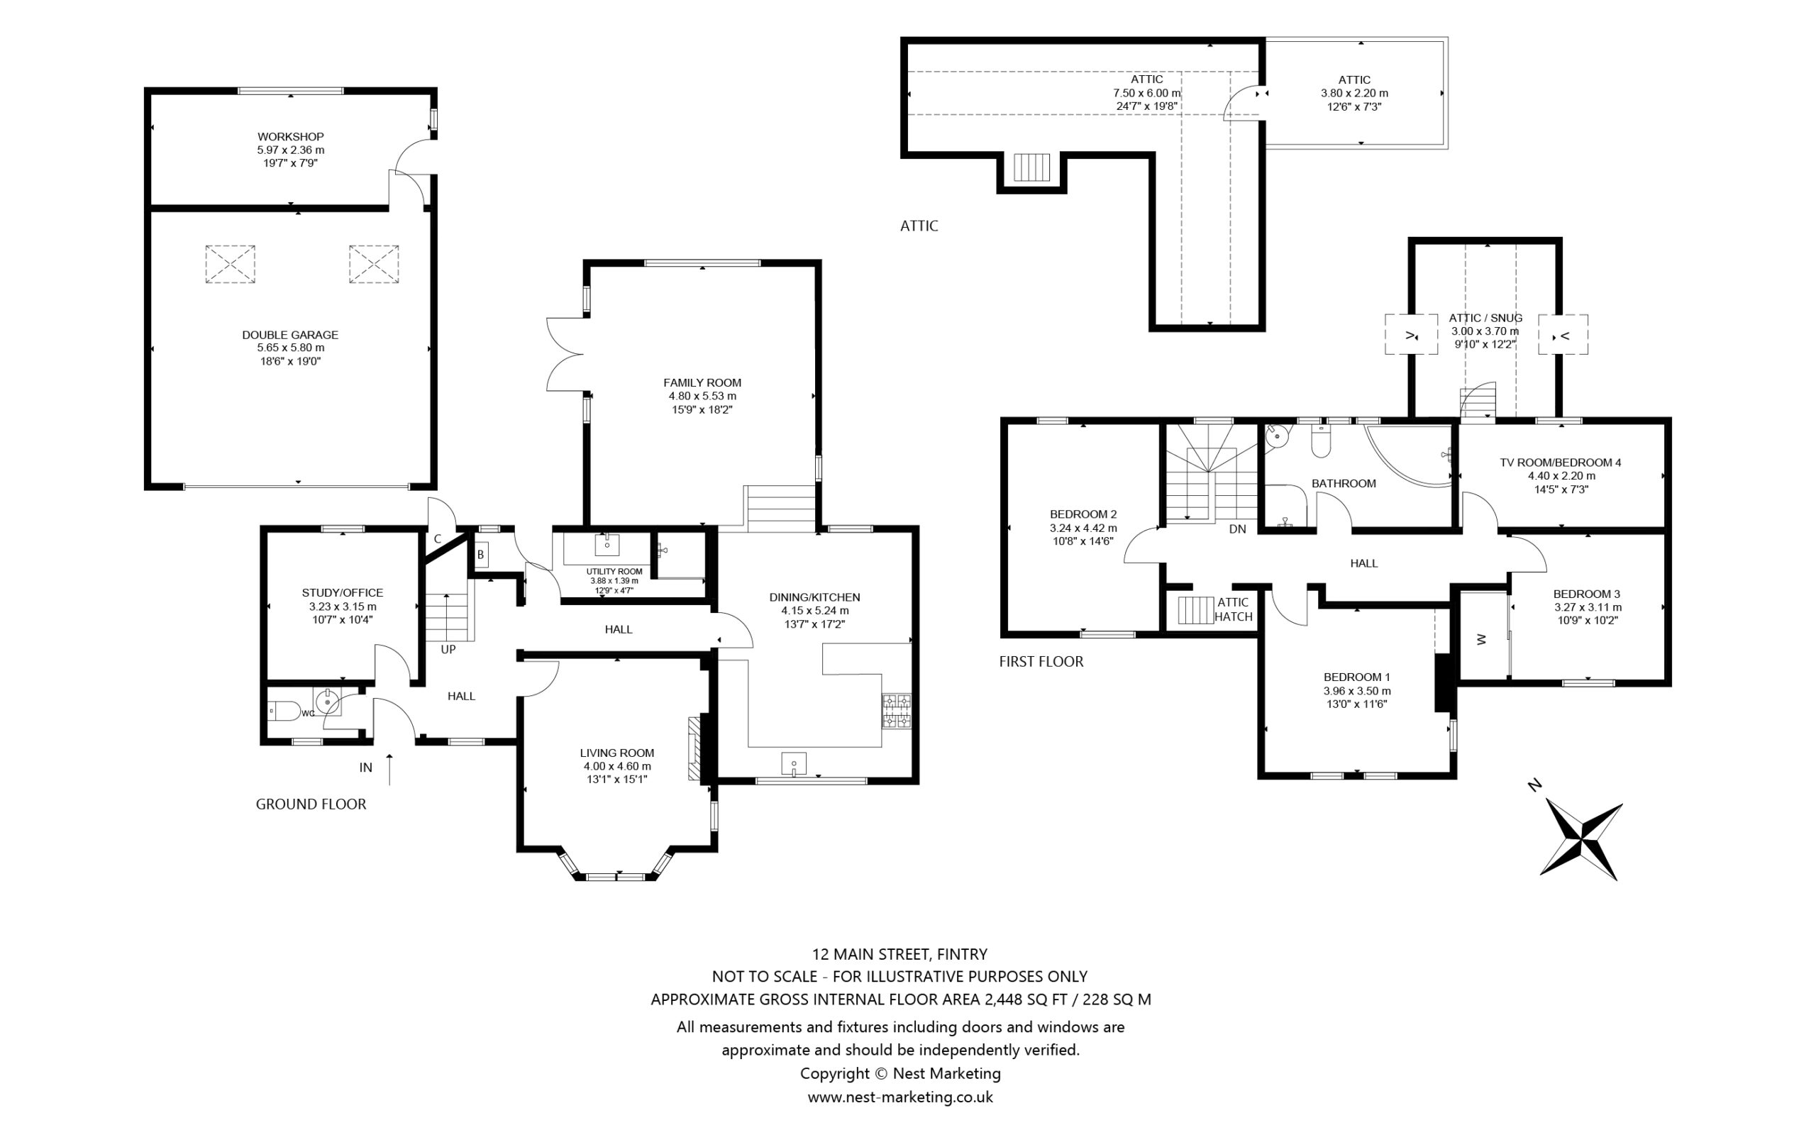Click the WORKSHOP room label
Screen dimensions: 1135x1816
(290, 137)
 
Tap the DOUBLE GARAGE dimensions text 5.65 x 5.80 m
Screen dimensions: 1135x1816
(290, 348)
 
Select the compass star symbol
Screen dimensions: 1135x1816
(1581, 840)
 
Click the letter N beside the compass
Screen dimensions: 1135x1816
(1534, 786)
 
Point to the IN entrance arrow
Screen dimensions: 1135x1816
(389, 769)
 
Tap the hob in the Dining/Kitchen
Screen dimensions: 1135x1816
(897, 711)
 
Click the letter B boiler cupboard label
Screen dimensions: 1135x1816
(481, 555)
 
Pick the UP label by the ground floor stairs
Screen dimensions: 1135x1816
(448, 649)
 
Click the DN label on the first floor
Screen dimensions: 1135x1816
(1237, 529)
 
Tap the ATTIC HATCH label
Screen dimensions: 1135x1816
(1233, 609)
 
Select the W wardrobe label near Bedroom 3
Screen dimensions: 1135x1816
(1481, 639)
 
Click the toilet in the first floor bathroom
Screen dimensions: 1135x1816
(1321, 443)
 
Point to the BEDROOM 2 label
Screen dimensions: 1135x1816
(1083, 514)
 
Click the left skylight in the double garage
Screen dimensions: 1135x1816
(231, 264)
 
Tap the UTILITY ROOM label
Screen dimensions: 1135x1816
(614, 571)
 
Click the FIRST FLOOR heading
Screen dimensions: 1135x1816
(1041, 661)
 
